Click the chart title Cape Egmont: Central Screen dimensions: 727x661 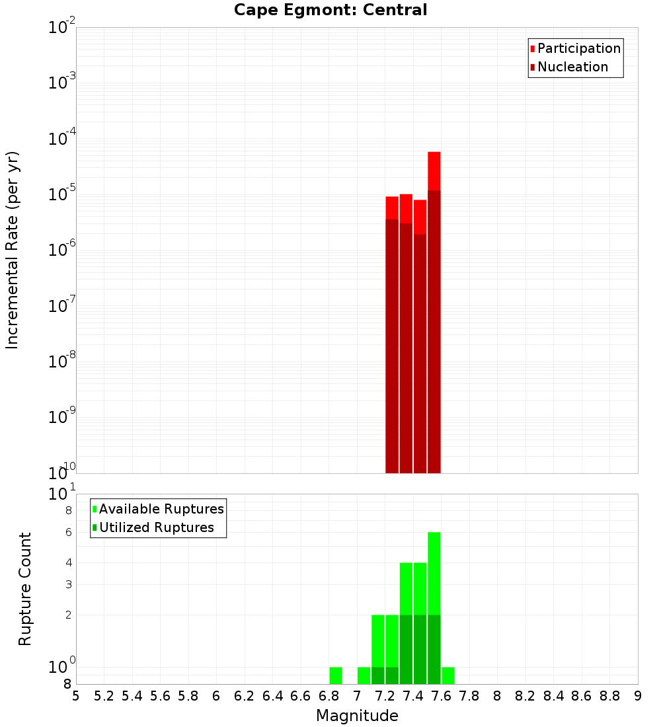click(330, 10)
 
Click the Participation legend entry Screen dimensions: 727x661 click(579, 48)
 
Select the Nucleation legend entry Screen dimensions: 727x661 click(572, 67)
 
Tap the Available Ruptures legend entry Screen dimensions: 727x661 click(161, 509)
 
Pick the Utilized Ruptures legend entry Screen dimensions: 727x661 click(156, 527)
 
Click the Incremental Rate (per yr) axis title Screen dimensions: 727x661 click(12, 250)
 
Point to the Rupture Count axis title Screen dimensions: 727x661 click(25, 588)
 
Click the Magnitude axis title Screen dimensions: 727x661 click(357, 715)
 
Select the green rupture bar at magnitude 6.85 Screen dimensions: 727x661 click(336, 675)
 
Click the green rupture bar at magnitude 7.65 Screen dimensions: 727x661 click(448, 675)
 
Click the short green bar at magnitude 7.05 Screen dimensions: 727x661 click(364, 675)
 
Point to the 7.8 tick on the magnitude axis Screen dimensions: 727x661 click(469, 695)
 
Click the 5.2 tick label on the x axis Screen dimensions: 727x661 click(104, 695)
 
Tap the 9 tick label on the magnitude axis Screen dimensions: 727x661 click(638, 695)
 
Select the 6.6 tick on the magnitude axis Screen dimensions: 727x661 click(301, 695)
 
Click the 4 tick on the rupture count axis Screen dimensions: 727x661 click(67, 562)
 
